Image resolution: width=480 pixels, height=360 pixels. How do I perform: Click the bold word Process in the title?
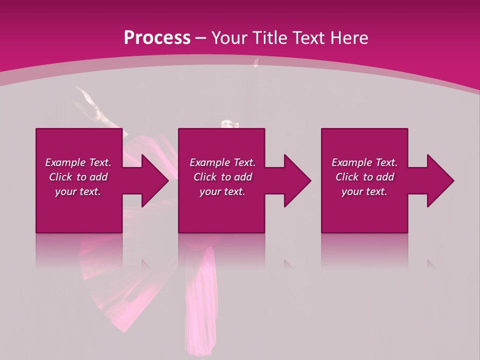click(157, 37)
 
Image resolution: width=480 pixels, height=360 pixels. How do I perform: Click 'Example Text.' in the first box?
click(78, 162)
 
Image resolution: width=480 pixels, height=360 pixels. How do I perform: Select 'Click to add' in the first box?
click(78, 177)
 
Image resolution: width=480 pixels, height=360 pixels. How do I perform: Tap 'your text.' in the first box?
click(78, 191)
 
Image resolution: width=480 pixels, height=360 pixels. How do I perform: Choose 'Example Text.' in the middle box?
click(222, 162)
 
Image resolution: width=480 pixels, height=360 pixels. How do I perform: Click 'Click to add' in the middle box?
click(222, 177)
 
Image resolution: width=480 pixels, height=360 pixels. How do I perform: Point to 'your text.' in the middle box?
click(222, 191)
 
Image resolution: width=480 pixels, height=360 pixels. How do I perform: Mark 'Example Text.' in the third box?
click(364, 162)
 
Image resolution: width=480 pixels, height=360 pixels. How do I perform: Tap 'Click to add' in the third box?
click(364, 177)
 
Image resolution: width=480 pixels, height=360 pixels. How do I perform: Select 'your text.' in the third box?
click(364, 191)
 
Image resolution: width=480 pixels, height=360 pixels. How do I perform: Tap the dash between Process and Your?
click(201, 38)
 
